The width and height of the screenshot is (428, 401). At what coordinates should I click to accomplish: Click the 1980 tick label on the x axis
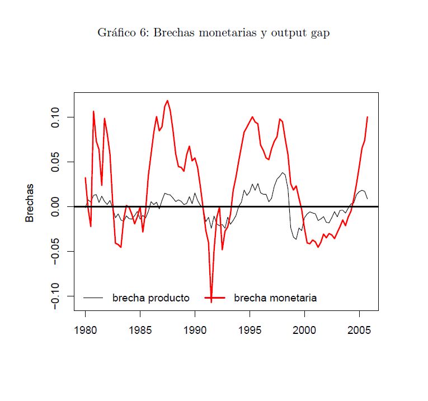click(86, 330)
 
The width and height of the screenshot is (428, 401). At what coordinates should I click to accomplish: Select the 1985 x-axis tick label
click(140, 330)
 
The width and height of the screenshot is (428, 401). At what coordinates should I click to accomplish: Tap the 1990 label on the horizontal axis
click(195, 330)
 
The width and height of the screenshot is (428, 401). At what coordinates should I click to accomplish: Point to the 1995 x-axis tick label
click(250, 330)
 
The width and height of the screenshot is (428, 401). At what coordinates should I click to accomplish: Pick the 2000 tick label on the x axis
click(304, 330)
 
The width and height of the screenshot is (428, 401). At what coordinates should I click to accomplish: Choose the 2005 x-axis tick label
click(359, 330)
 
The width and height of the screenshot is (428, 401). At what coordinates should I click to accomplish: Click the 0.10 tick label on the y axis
click(55, 117)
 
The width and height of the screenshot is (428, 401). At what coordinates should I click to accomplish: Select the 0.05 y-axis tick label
click(55, 162)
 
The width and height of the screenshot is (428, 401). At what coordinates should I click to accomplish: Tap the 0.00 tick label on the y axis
click(55, 206)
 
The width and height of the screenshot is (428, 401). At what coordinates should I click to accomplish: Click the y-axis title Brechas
click(30, 203)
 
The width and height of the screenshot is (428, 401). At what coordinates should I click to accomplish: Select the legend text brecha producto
click(150, 298)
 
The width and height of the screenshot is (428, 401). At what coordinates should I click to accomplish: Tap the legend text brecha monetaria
click(275, 298)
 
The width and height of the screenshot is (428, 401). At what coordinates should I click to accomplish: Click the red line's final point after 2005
click(367, 117)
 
